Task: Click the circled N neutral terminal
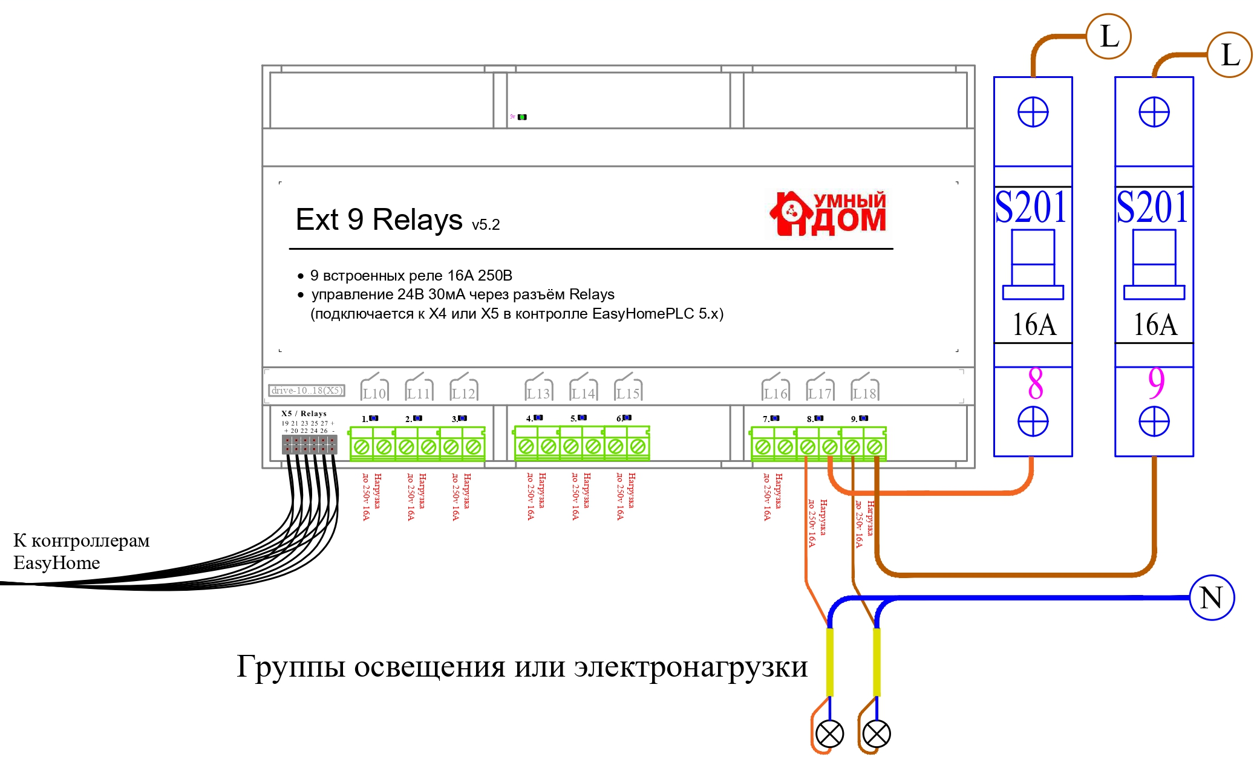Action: (x=1211, y=597)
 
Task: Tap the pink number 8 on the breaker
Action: (x=1035, y=383)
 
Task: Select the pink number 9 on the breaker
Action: (x=1155, y=383)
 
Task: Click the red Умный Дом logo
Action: (x=828, y=213)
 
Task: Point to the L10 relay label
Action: (x=374, y=393)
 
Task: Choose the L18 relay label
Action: (x=864, y=393)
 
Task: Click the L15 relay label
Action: (x=628, y=393)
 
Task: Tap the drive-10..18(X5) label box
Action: (x=307, y=391)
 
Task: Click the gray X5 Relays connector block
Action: (x=309, y=445)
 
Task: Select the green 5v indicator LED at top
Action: (x=522, y=117)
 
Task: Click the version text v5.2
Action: (x=486, y=225)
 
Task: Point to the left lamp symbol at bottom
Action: (x=829, y=734)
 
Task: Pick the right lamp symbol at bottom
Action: (x=877, y=734)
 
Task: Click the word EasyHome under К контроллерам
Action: (x=57, y=563)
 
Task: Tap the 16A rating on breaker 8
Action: (x=1034, y=325)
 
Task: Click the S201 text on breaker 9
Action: (x=1152, y=207)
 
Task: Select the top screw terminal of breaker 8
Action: (x=1033, y=112)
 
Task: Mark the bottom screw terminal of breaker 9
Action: (x=1154, y=421)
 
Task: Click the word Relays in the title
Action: (x=417, y=220)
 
